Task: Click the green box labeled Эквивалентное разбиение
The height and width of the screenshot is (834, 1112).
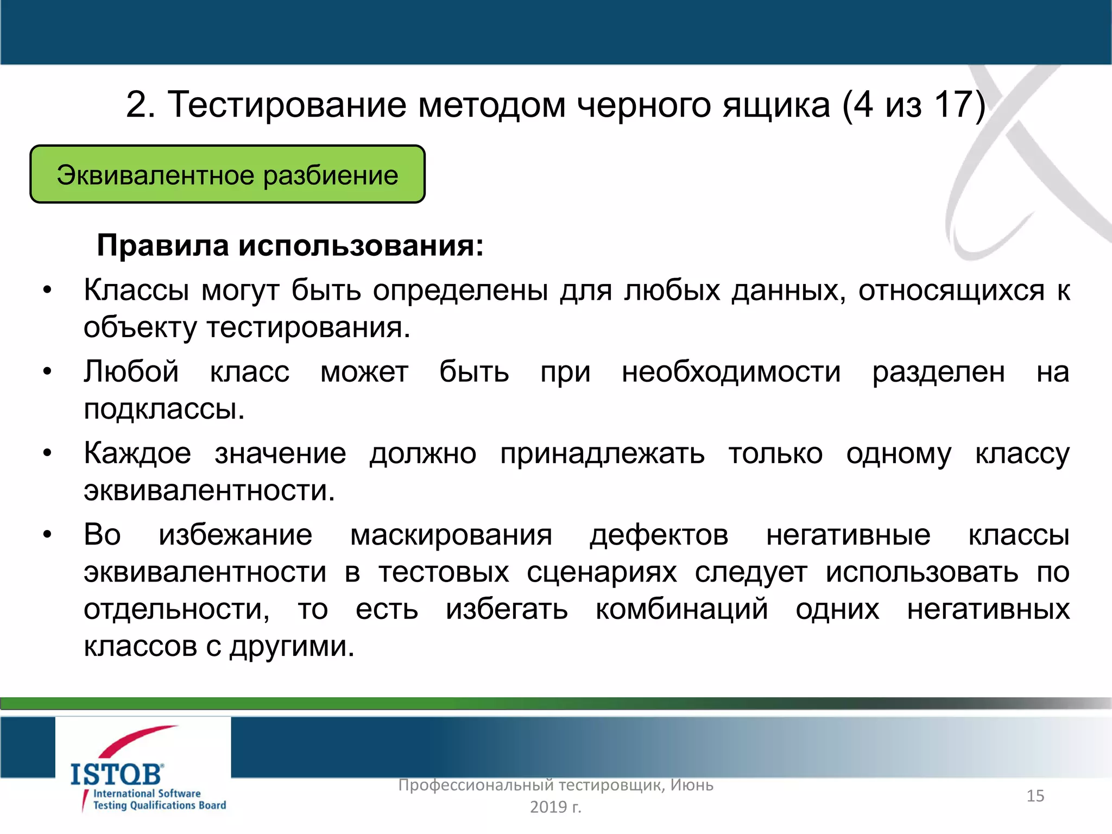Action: click(x=227, y=175)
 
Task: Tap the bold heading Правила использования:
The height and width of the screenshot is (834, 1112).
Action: click(x=290, y=245)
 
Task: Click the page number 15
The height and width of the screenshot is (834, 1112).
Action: click(x=1035, y=796)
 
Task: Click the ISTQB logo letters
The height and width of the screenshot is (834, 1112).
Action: click(x=116, y=774)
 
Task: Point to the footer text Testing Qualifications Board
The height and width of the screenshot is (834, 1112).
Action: click(x=159, y=806)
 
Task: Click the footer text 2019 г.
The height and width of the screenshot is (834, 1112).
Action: click(x=555, y=807)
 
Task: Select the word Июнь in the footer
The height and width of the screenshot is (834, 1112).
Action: click(x=692, y=785)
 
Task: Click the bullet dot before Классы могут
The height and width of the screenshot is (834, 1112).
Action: click(x=48, y=290)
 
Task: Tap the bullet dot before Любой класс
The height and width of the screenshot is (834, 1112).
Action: click(x=48, y=372)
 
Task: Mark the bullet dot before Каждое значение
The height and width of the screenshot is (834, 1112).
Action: click(x=48, y=453)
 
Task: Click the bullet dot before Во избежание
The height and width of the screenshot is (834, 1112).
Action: click(x=48, y=535)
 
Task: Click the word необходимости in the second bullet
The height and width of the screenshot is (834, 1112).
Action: click(x=731, y=372)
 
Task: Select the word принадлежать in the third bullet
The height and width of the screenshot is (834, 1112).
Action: click(x=602, y=454)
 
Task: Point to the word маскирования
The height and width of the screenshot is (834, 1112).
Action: click(x=451, y=535)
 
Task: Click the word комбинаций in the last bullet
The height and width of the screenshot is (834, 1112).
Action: click(x=681, y=609)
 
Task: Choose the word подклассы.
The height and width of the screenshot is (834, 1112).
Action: click(x=164, y=409)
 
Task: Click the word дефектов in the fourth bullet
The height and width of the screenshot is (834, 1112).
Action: click(x=659, y=535)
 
